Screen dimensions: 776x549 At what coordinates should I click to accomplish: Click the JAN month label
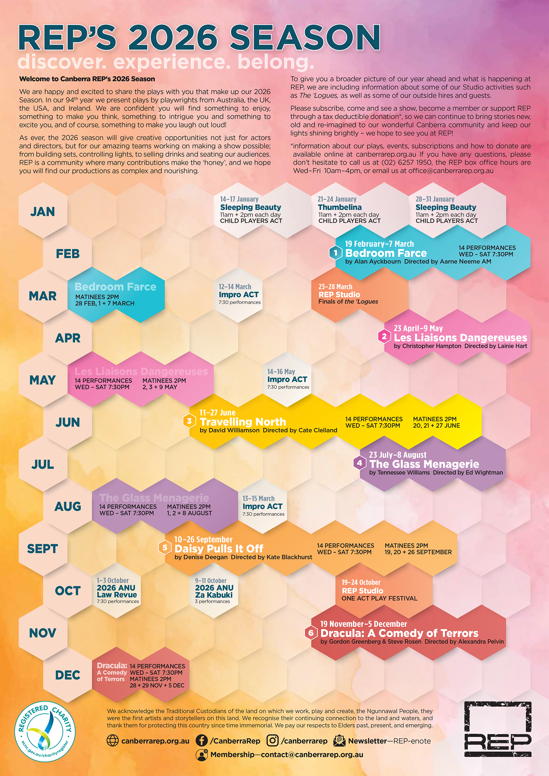(43, 212)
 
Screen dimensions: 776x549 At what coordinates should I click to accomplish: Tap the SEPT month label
(43, 549)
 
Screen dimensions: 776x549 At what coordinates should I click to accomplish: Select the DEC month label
(68, 675)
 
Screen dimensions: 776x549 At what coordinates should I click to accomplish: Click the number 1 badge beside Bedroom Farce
(336, 253)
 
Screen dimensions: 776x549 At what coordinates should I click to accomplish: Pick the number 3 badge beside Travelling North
(189, 421)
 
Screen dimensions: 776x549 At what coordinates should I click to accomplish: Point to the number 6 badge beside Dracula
(311, 633)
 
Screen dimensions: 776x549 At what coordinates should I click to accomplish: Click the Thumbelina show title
(340, 207)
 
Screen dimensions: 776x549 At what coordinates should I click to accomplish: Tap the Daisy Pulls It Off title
(219, 548)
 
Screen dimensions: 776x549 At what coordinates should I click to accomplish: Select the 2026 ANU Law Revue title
(117, 591)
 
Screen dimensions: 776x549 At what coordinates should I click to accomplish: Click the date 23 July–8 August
(398, 455)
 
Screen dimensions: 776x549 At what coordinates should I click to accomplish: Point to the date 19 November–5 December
(363, 624)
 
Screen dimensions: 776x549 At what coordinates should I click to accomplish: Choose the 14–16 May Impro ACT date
(281, 371)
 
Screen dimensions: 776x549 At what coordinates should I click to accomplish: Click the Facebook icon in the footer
(202, 741)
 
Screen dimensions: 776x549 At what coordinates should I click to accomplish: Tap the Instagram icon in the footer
(273, 741)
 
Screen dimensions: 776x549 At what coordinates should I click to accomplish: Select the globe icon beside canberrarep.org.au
(113, 741)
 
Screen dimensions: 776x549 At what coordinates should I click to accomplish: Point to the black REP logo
(498, 729)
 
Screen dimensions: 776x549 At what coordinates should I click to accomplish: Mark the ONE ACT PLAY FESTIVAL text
(379, 598)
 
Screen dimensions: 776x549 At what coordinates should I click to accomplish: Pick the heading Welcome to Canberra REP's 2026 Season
(87, 79)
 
